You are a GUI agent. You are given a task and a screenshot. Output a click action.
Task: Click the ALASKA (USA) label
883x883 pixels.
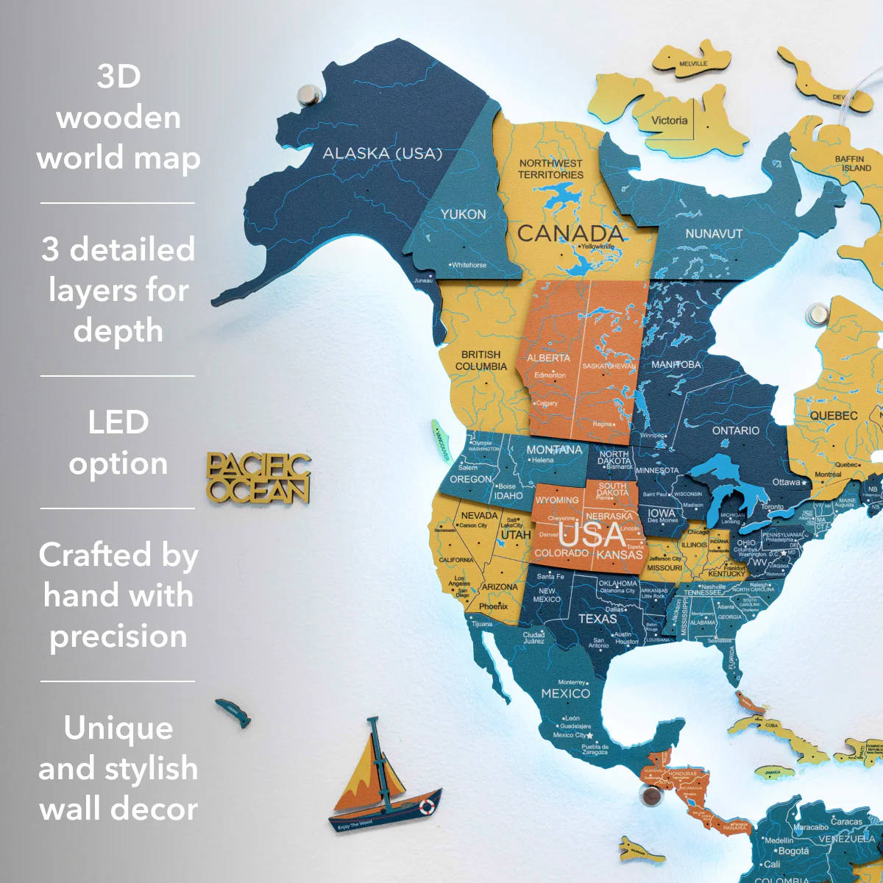coord(383,154)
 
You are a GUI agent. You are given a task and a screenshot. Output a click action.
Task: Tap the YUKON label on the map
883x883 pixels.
coord(463,214)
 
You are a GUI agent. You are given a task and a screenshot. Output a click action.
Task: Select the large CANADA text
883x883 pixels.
coord(570,234)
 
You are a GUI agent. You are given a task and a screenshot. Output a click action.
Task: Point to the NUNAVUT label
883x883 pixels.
coord(714,234)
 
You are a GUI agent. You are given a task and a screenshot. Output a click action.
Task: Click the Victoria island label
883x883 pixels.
coord(669,121)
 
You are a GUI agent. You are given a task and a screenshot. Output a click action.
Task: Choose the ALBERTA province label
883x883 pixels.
coord(548,358)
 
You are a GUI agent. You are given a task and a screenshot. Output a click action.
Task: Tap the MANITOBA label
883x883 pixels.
coord(675,364)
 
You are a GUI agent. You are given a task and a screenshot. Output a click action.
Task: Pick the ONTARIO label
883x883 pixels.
coord(735,430)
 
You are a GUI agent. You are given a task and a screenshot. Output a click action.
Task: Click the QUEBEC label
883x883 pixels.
coord(833,416)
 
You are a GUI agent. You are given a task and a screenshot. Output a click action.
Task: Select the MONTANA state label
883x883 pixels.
coord(553,450)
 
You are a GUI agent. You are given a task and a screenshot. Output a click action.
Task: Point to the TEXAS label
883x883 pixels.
coord(597,619)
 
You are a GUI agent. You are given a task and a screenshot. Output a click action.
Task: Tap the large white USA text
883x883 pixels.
coord(592,534)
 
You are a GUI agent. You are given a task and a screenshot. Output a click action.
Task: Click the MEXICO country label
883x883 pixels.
coord(565,693)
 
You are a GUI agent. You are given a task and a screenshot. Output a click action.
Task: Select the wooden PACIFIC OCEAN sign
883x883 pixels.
coord(258,478)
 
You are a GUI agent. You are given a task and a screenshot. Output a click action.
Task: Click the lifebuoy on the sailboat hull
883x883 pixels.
coord(427,807)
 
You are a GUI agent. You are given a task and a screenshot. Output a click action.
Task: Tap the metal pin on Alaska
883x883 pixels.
coord(308,94)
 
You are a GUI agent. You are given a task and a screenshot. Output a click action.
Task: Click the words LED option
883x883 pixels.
coord(118,442)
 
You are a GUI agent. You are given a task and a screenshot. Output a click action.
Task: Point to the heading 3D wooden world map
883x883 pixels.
coord(118,117)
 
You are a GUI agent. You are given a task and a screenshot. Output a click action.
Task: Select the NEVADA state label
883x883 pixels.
coord(479,516)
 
